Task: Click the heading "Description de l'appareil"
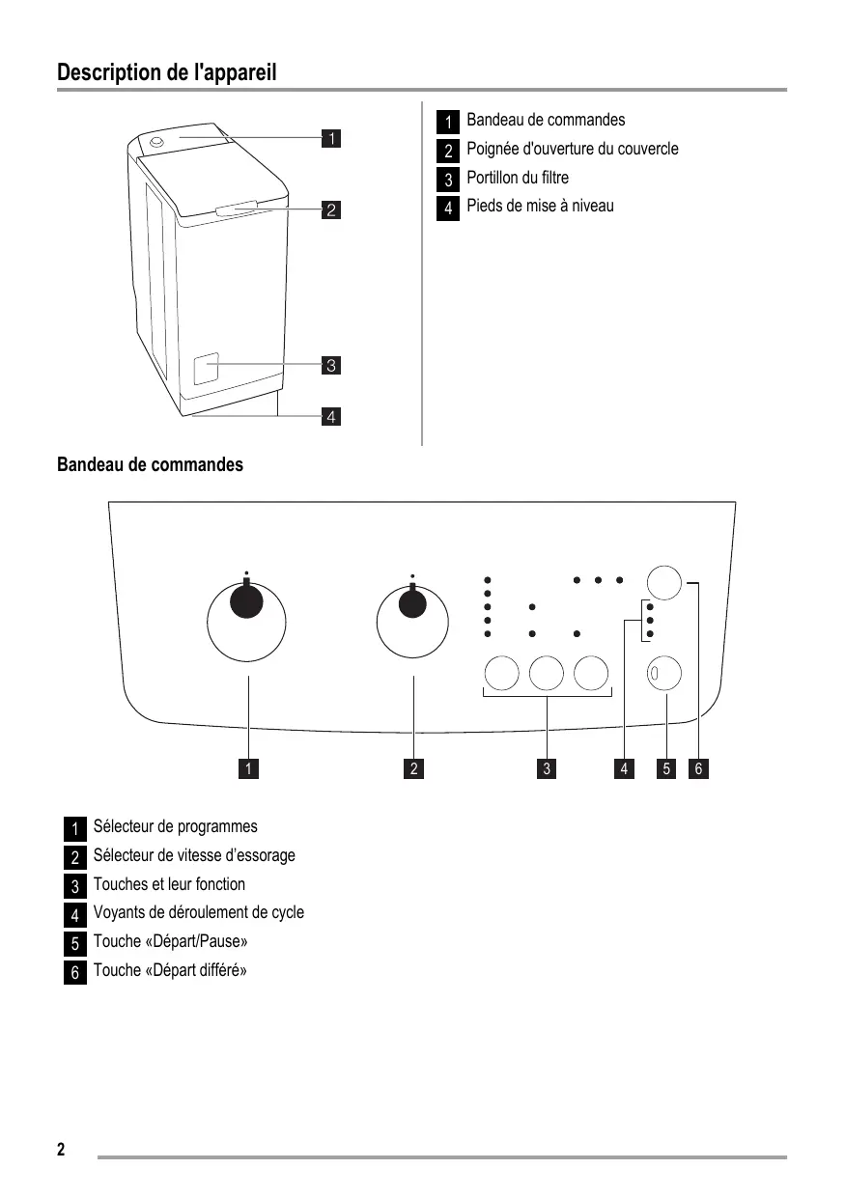[x=167, y=72]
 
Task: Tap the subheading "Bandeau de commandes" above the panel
[x=151, y=465]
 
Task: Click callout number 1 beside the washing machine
[x=330, y=138]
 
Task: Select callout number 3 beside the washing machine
[x=330, y=365]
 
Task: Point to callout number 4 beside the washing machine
[x=330, y=417]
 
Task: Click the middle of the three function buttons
[x=547, y=673]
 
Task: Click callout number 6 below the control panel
[x=699, y=768]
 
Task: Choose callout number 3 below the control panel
[x=547, y=768]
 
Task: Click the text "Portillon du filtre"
[x=518, y=178]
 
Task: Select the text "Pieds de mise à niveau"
[x=540, y=206]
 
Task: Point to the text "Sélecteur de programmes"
[x=176, y=826]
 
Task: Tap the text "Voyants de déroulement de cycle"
[x=199, y=912]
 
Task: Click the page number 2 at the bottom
[x=61, y=1149]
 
